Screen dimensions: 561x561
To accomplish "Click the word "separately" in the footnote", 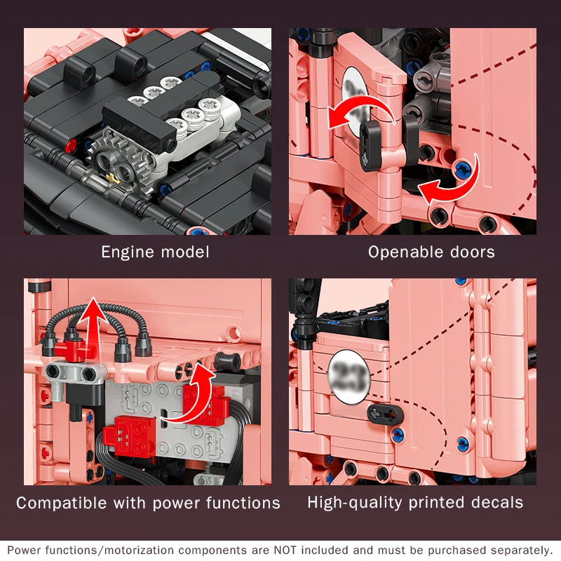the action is (521, 550).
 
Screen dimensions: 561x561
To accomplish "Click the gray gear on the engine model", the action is (117, 165).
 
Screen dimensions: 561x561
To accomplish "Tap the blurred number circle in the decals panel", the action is (348, 377).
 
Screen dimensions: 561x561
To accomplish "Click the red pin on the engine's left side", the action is (72, 144).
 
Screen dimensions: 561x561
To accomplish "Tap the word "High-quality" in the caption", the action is (355, 503).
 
